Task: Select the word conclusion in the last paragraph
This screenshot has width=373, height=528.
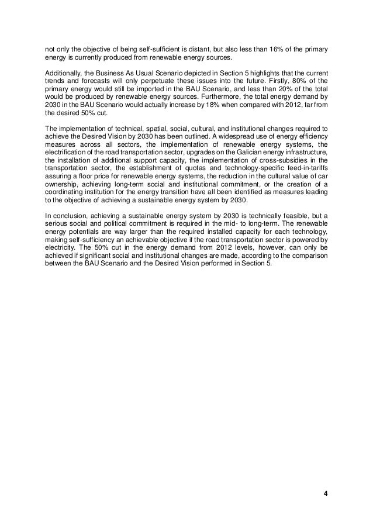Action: click(67, 216)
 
